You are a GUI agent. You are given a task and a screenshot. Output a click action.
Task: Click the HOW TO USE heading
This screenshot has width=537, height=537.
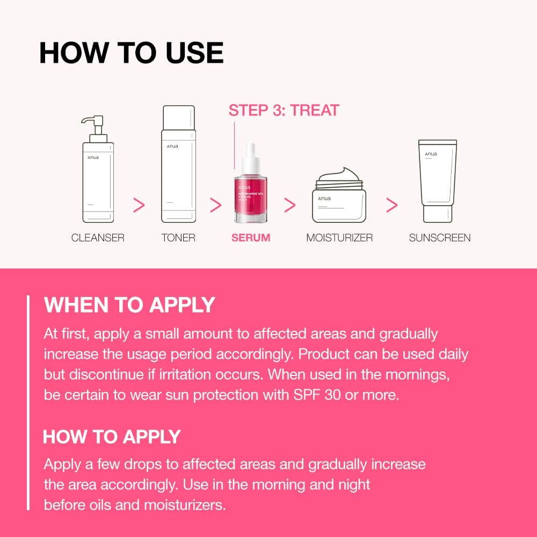pyautogui.click(x=131, y=53)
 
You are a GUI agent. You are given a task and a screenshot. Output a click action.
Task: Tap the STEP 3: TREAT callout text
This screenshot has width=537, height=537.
pyautogui.click(x=284, y=111)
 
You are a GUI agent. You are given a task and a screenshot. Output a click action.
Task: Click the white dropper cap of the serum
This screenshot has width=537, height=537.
pyautogui.click(x=250, y=156)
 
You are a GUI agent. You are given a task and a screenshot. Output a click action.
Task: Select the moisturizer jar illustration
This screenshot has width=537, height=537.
pyautogui.click(x=339, y=204)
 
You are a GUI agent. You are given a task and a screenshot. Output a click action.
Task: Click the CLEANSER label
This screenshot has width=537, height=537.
pyautogui.click(x=98, y=237)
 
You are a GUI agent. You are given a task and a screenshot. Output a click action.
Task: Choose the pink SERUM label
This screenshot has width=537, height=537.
pyautogui.click(x=251, y=237)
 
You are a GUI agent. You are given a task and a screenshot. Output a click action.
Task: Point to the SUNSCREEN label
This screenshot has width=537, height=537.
pyautogui.click(x=439, y=237)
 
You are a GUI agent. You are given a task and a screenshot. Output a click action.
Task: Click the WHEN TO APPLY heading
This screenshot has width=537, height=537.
pyautogui.click(x=129, y=305)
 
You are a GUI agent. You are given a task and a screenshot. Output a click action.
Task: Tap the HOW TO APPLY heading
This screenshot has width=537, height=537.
pyautogui.click(x=112, y=437)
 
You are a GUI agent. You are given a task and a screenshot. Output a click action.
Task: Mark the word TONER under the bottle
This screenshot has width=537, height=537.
pyautogui.click(x=178, y=237)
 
